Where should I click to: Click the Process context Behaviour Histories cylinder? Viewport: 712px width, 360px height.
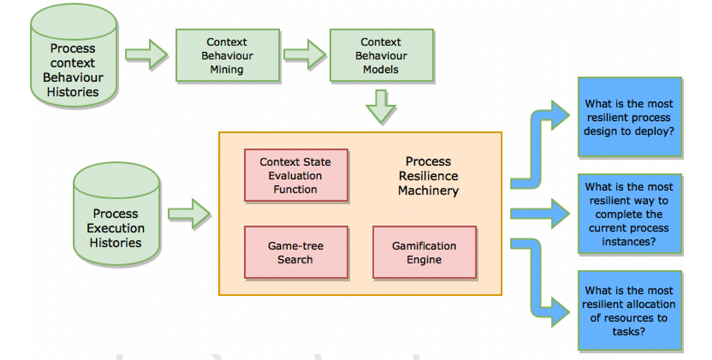click(x=74, y=56)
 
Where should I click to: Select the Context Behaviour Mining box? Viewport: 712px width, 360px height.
click(x=228, y=55)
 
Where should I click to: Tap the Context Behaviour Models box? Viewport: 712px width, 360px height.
click(x=382, y=55)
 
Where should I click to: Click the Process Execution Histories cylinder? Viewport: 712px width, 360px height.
click(x=116, y=214)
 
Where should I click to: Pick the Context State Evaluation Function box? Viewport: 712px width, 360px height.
click(x=296, y=175)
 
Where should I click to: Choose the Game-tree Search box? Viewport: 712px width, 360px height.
click(x=296, y=253)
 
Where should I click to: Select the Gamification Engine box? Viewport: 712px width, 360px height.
click(x=424, y=253)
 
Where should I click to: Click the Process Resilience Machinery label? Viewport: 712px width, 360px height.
click(x=428, y=176)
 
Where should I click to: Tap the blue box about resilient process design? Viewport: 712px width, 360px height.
click(x=630, y=117)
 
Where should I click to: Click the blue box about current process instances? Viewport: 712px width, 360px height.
click(x=630, y=214)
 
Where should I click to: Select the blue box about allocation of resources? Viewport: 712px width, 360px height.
click(x=630, y=310)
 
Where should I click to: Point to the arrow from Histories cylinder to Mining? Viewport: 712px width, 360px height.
click(x=146, y=55)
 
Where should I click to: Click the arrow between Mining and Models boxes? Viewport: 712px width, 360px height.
click(x=304, y=55)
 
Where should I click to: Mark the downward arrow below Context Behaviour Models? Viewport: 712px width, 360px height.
click(x=381, y=107)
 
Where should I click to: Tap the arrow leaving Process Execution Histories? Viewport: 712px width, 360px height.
click(x=189, y=214)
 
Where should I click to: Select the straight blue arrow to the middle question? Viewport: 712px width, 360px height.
click(x=540, y=214)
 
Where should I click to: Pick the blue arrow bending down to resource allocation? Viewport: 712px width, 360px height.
click(x=535, y=280)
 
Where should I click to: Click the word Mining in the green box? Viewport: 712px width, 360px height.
click(x=226, y=70)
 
